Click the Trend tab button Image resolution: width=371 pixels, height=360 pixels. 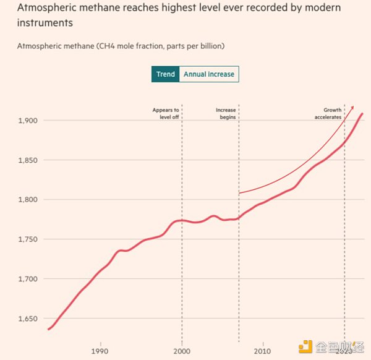[x=165, y=74]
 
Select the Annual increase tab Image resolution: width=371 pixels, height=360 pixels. [x=208, y=74]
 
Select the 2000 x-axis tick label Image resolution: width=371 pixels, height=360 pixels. [x=182, y=351]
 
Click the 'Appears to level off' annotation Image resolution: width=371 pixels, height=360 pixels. [x=166, y=113]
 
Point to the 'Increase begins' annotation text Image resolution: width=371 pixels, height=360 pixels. [x=226, y=113]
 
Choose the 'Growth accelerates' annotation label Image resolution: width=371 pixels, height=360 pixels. [x=328, y=113]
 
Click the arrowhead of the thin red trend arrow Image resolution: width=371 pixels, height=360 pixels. [x=352, y=108]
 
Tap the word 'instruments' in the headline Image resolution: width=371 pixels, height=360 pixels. [x=45, y=24]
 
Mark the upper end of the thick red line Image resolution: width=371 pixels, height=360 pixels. [x=362, y=114]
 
